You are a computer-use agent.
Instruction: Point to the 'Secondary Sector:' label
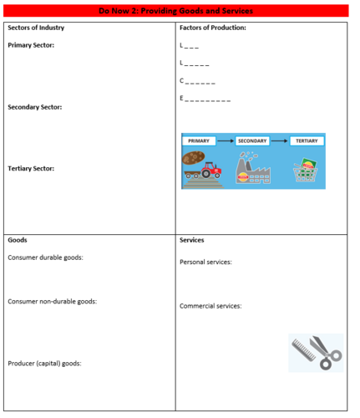click(34, 107)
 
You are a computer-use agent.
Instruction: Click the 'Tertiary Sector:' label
click(31, 168)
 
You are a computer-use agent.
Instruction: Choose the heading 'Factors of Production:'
click(213, 28)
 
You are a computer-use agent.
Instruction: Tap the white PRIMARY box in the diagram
click(199, 141)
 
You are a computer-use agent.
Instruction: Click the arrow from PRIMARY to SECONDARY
click(226, 141)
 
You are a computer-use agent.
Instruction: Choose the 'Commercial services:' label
click(210, 306)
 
